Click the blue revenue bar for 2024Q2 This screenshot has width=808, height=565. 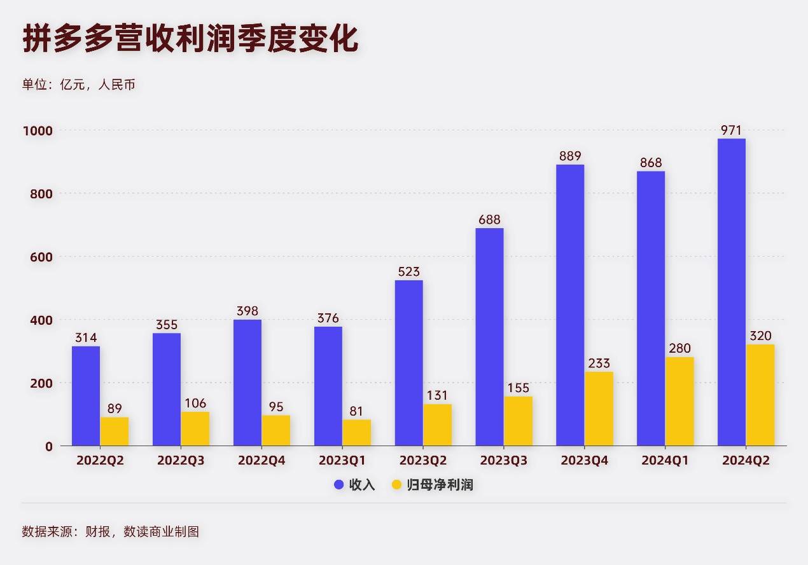tap(731, 292)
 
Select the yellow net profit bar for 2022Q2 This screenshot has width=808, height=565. tap(114, 432)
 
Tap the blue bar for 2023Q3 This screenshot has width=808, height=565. tap(489, 337)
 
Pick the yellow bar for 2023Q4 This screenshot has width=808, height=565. tap(599, 409)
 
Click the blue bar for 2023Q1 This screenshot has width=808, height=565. tap(328, 386)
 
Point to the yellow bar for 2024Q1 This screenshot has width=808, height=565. tap(679, 402)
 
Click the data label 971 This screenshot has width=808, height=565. tap(731, 130)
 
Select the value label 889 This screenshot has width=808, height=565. tap(570, 156)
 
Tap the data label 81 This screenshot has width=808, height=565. tap(356, 411)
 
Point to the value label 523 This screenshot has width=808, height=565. tap(408, 272)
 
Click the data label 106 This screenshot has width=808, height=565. tap(195, 404)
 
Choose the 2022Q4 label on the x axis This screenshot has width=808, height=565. tap(261, 461)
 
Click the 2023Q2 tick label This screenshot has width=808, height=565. tap(423, 461)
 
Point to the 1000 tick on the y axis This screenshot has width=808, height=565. tap(38, 130)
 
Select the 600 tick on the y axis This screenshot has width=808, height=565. tap(41, 257)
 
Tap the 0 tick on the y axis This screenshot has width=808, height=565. tap(48, 446)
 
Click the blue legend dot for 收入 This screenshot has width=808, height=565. tap(339, 485)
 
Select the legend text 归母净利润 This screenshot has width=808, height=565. tap(440, 485)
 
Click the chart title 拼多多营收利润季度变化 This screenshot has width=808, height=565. tap(191, 39)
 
